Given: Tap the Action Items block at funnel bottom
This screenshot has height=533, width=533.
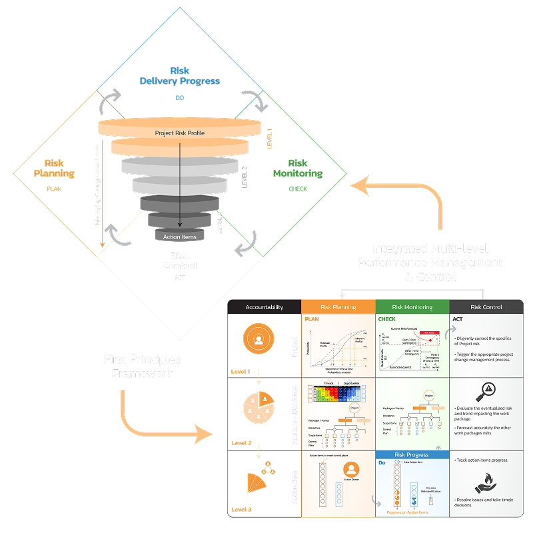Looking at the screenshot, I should (x=179, y=237).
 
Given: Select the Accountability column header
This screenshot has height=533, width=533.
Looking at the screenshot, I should (x=264, y=307).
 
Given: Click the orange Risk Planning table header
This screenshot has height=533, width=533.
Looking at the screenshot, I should (x=338, y=307).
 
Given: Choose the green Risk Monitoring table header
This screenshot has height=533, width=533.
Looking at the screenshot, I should (x=412, y=307).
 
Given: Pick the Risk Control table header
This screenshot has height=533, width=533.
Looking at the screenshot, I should (x=486, y=307).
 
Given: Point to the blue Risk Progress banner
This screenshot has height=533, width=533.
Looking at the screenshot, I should (x=412, y=455).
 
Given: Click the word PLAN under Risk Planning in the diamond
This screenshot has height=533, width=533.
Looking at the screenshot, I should (x=54, y=189).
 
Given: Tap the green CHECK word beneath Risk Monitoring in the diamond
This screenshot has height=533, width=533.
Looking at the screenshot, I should (x=298, y=189).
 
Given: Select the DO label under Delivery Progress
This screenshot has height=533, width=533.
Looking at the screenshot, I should (x=179, y=98).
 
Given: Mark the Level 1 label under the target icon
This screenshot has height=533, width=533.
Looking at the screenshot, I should (x=241, y=371).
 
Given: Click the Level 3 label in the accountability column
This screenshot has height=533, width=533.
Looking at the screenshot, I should (x=241, y=510).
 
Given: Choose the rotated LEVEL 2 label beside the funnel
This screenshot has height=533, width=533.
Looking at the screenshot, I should (x=245, y=177).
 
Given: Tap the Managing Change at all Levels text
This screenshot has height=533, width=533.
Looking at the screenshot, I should (x=97, y=184).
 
